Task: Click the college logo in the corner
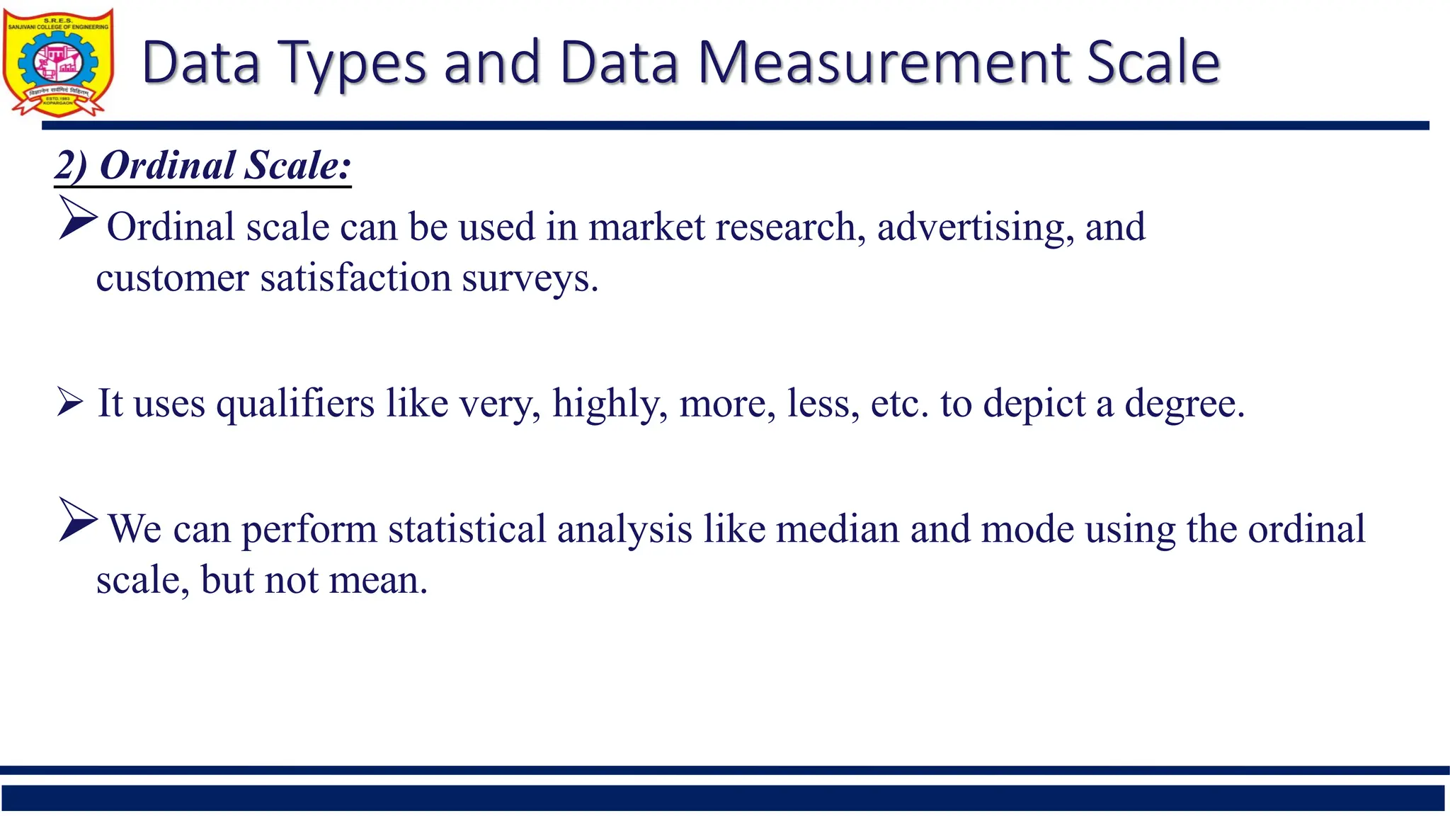point(58,62)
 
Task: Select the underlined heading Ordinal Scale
point(203,166)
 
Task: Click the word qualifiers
point(295,404)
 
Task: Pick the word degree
point(1184,404)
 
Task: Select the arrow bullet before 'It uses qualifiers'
point(70,402)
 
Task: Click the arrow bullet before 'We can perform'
point(77,520)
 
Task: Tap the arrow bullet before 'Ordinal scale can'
point(77,217)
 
